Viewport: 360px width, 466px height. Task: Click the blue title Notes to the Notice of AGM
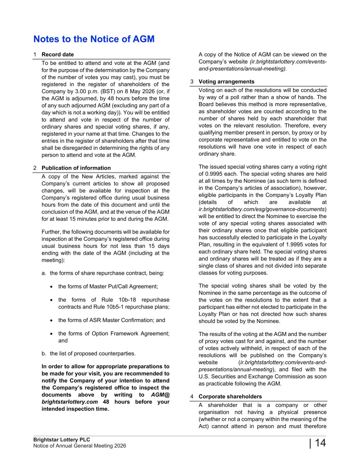pos(94,39)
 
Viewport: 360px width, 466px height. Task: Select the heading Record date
pos(58,55)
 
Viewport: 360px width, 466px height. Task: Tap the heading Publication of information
pos(76,168)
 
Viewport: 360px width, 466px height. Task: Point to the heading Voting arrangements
pos(226,82)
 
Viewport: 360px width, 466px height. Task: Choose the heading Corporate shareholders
pos(230,396)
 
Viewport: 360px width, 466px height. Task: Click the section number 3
pos(192,82)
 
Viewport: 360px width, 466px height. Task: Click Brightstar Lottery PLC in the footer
pos(61,440)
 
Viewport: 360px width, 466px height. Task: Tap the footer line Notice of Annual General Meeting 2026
pos(80,446)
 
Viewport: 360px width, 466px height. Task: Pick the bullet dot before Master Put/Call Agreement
pos(51,287)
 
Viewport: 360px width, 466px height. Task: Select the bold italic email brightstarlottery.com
pos(70,402)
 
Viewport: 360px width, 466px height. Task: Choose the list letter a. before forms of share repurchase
pos(44,273)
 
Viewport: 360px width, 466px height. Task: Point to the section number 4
pos(192,396)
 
